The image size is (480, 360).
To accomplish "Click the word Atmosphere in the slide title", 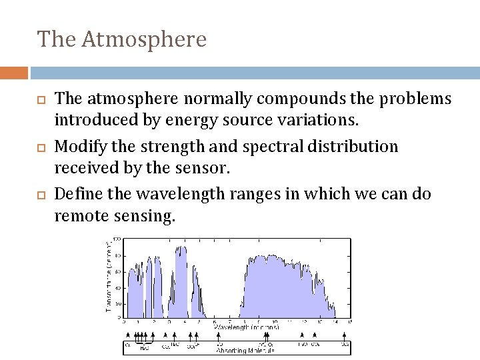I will coord(145,39).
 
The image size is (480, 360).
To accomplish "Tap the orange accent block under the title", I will coord(14,73).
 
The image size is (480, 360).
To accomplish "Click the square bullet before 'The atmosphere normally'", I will coord(40,100).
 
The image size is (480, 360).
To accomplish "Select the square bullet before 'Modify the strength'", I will coord(40,147).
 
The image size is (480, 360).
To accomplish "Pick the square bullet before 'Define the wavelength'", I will coord(40,195).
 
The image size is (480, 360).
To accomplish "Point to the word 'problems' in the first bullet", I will coord(413,99).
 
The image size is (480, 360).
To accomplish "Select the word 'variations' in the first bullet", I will coord(319,121).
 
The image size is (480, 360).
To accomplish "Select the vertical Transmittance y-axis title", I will coord(109,275).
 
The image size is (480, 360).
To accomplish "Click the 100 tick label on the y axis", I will coord(117,239).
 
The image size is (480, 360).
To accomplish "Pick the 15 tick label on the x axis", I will coord(350,323).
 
